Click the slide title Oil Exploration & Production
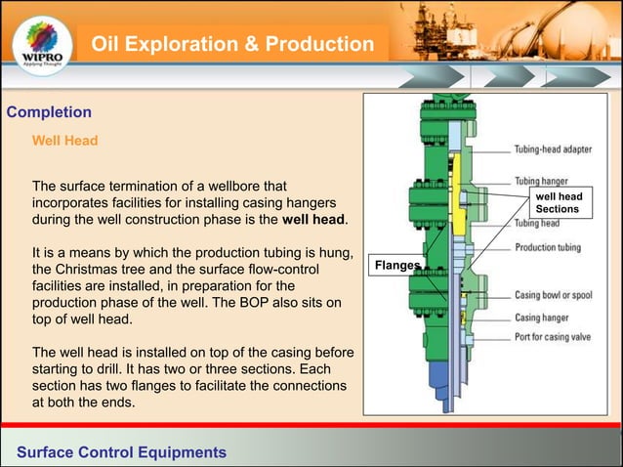(232, 45)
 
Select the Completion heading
(49, 112)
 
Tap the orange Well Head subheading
(65, 141)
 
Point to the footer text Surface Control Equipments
(121, 451)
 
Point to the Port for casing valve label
(563, 338)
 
